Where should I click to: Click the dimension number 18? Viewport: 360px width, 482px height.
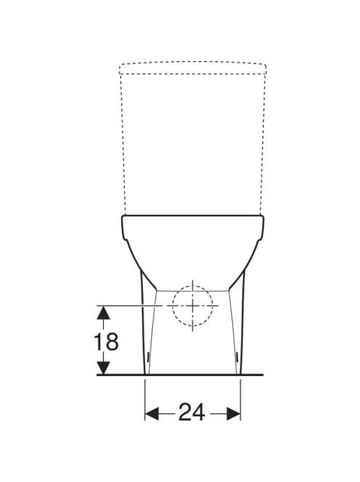coord(106,341)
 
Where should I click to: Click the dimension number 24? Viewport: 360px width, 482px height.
coord(192,412)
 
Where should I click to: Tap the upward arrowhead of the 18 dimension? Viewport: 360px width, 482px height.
coord(104,313)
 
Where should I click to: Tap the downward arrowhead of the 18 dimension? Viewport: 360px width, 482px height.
coord(104,367)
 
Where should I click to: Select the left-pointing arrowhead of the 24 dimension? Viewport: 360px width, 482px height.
coord(152,414)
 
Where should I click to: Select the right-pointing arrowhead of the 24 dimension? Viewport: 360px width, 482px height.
coord(234,414)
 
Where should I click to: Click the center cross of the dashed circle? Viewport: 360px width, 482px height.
coord(192,306)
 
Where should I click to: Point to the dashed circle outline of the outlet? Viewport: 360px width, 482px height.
coord(173,306)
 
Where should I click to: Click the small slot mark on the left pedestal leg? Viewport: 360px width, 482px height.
coord(148,356)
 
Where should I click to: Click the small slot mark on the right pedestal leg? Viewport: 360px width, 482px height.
coord(237,356)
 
